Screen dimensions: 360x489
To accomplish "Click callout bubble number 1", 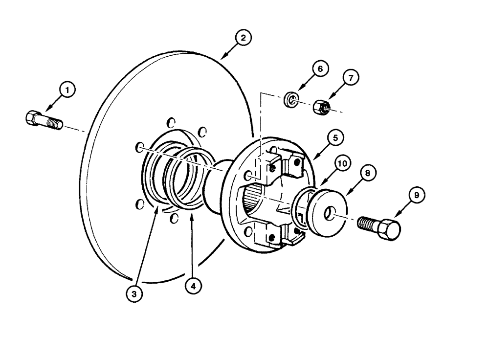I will (68, 90).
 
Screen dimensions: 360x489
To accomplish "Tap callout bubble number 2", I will (243, 37).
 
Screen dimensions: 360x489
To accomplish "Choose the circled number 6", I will (319, 69).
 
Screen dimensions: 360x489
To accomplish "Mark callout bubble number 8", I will (368, 172).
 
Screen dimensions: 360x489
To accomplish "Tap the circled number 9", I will (416, 196).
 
